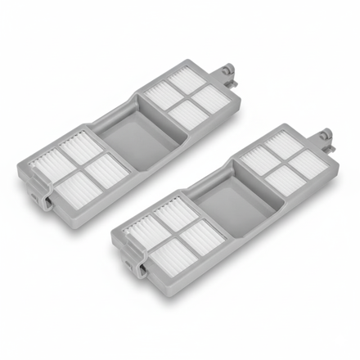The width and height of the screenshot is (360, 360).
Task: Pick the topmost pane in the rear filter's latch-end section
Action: click(80, 147)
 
